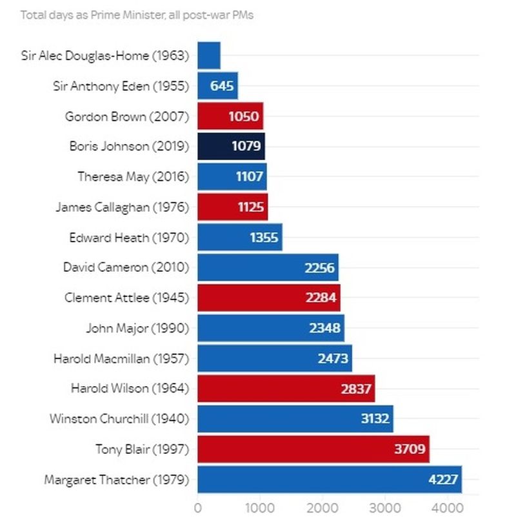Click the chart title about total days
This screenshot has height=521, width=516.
tap(137, 14)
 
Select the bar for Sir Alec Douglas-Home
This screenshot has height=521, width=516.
tap(209, 56)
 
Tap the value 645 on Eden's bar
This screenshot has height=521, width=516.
tap(222, 86)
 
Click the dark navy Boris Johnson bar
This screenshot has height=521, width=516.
tap(231, 147)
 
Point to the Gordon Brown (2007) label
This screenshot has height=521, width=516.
tap(127, 116)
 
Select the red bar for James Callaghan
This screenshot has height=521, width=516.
tap(232, 207)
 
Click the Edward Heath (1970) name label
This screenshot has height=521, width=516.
tap(129, 238)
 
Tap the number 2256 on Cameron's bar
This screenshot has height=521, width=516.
tap(319, 268)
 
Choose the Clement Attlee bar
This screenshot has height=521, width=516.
tap(268, 298)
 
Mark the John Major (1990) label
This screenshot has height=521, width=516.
tap(137, 328)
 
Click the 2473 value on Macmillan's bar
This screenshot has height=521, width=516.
tap(333, 358)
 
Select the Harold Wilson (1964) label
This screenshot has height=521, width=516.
tap(130, 388)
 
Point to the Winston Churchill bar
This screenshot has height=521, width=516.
tap(295, 418)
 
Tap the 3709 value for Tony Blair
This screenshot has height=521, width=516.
tap(410, 449)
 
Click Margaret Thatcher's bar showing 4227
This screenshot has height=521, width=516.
tap(329, 479)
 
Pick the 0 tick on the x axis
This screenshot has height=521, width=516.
tap(197, 507)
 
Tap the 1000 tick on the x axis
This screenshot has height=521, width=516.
tap(260, 507)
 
